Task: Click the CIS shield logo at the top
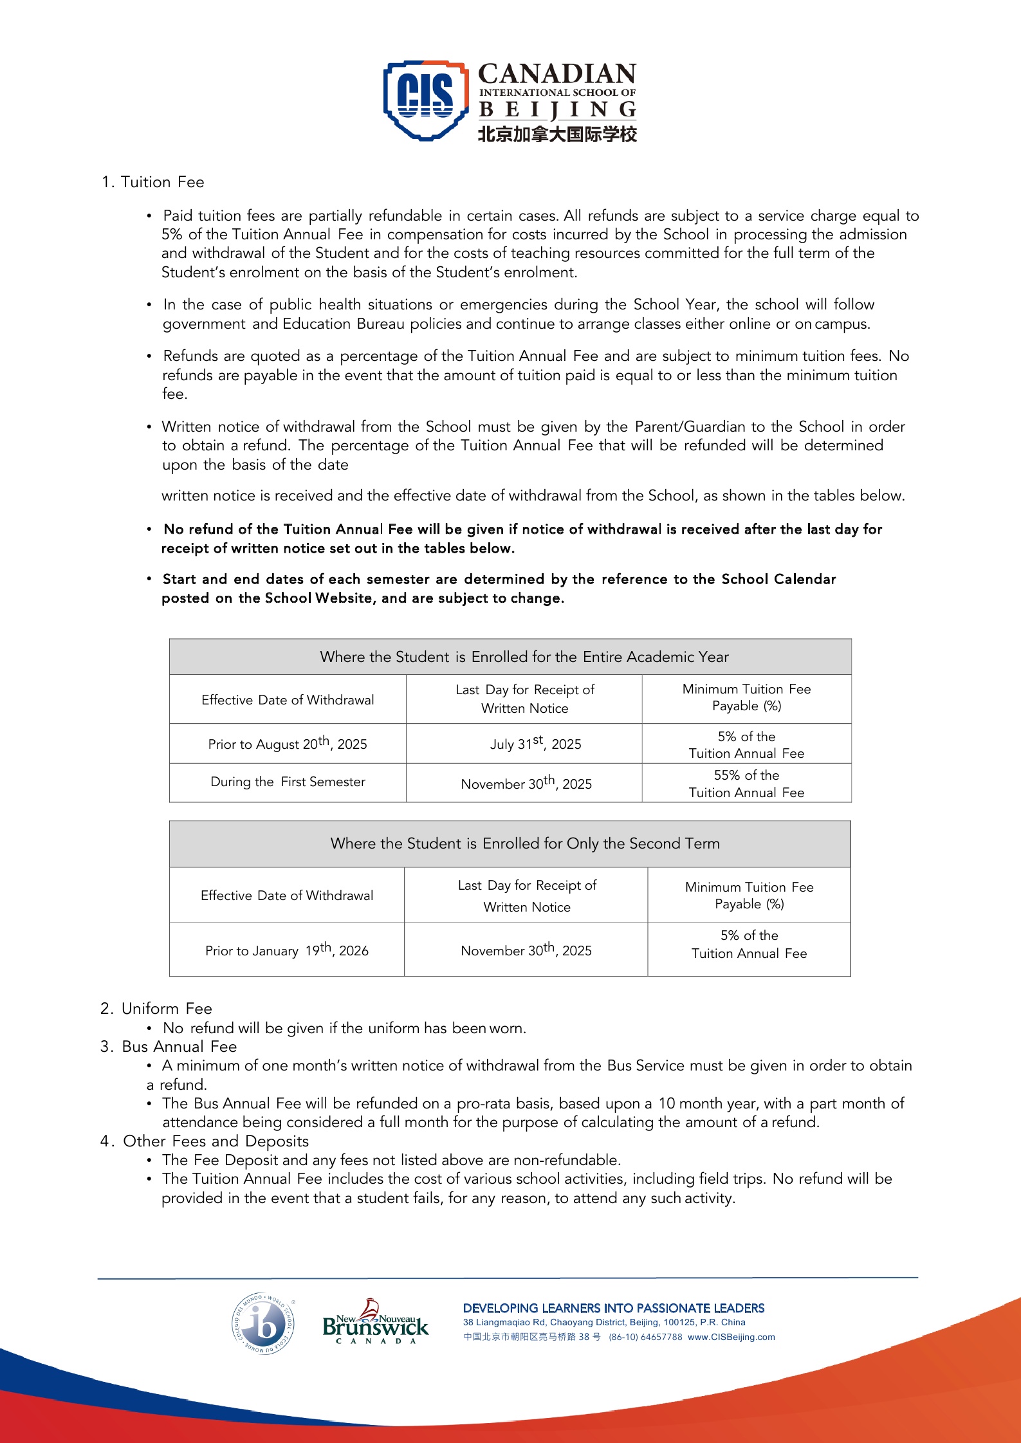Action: [425, 100]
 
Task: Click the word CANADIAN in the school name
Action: [557, 74]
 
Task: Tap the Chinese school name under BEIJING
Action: [557, 134]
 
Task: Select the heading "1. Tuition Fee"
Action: [153, 182]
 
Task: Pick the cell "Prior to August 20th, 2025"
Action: [288, 744]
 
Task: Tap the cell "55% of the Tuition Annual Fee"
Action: [746, 783]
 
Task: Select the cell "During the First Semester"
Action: [288, 782]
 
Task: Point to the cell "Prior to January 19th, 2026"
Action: [287, 950]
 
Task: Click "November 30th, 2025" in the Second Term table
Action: [526, 950]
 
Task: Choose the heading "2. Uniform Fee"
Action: [156, 1008]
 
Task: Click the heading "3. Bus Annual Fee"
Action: [169, 1046]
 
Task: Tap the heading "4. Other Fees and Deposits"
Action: [205, 1141]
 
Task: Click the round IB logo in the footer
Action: [263, 1323]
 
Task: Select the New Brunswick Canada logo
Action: [375, 1323]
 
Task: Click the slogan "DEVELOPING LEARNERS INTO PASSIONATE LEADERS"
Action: [614, 1308]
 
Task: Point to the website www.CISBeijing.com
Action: [731, 1337]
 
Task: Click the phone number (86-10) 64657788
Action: [645, 1337]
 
